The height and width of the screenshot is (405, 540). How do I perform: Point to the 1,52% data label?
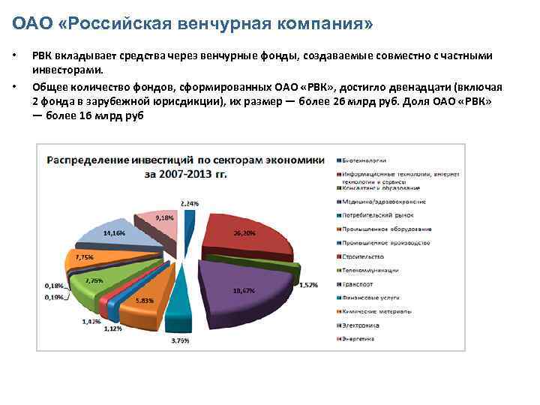pos(310,285)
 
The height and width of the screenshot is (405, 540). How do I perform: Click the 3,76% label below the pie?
pos(180,340)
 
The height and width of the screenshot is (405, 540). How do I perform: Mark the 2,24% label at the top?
pos(190,203)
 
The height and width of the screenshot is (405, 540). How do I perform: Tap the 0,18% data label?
pos(54,286)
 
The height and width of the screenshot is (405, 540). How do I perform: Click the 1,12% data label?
pos(113,328)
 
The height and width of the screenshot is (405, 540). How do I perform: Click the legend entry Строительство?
pos(365,256)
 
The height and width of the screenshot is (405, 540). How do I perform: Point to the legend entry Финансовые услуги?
pos(372,298)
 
